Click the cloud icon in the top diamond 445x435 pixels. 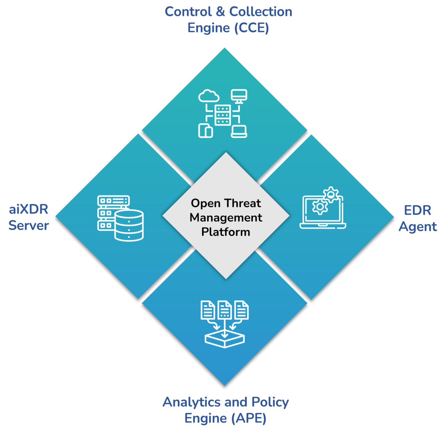[209, 95]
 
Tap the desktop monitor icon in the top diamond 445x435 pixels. [239, 96]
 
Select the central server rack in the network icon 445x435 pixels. [222, 115]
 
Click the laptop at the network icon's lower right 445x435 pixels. [239, 132]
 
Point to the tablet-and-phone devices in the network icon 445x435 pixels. [205, 131]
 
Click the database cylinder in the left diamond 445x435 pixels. [129, 225]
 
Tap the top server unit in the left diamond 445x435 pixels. [113, 201]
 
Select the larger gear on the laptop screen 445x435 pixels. [319, 207]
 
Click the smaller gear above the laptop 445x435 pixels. [331, 194]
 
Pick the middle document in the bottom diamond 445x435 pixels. [225, 310]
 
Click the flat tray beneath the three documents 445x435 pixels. [225, 339]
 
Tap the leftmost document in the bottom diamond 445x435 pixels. [208, 310]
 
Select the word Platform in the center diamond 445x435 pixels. [226, 232]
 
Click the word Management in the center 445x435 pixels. [226, 218]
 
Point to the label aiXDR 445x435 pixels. [29, 210]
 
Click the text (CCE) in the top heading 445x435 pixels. [251, 28]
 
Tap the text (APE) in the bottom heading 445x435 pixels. [249, 418]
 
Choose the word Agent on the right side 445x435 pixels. [418, 227]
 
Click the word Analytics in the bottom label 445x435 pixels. [192, 402]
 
